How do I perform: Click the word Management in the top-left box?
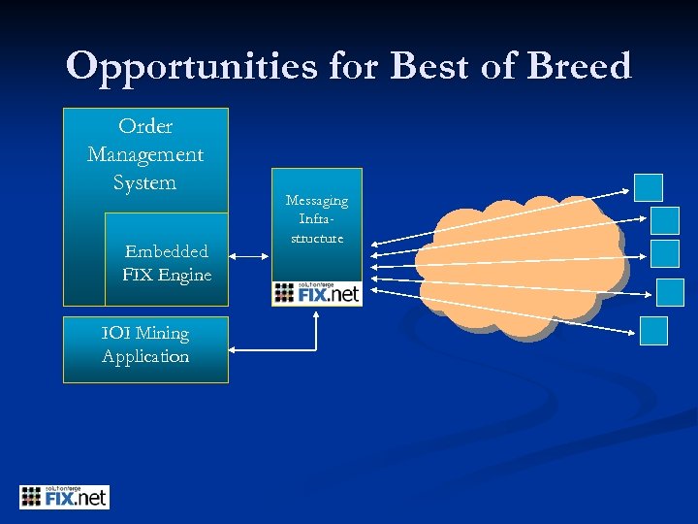pyautogui.click(x=145, y=154)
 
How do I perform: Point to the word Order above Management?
pyautogui.click(x=145, y=126)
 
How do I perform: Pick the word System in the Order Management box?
pyautogui.click(x=145, y=182)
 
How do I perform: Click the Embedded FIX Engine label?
pyautogui.click(x=167, y=263)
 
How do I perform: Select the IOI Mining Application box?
pyautogui.click(x=145, y=348)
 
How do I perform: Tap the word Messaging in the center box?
pyautogui.click(x=316, y=201)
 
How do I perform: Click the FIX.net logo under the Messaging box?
pyautogui.click(x=316, y=293)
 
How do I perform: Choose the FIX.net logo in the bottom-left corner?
pyautogui.click(x=64, y=497)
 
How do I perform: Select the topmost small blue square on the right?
pyautogui.click(x=648, y=187)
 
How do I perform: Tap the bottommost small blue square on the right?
pyautogui.click(x=654, y=331)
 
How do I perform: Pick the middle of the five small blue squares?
pyautogui.click(x=664, y=253)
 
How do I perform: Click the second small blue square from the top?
pyautogui.click(x=664, y=220)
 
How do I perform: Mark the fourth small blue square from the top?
pyautogui.click(x=670, y=292)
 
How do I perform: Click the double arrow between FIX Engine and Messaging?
pyautogui.click(x=250, y=256)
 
